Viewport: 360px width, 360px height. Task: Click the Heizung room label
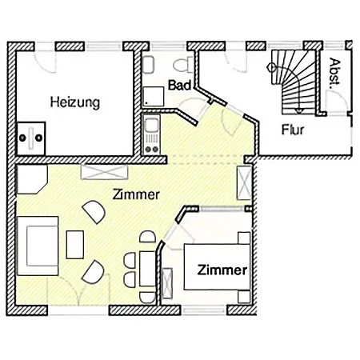point(75,103)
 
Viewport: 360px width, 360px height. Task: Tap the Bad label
point(180,86)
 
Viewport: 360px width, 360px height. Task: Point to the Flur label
point(293,130)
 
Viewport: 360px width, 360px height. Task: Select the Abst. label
point(334,71)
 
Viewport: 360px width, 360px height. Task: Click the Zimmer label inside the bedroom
point(222,270)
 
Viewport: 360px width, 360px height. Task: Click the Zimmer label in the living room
point(136,194)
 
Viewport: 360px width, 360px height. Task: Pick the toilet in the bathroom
point(183,65)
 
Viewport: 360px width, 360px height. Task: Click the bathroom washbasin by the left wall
point(148,65)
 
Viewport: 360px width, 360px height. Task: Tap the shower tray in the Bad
point(154,96)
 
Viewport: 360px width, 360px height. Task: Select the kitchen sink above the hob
point(151,126)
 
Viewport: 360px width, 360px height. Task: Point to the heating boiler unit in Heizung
point(31,138)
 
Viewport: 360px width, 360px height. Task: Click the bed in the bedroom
point(217,266)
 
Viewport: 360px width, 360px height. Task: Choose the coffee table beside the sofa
point(75,245)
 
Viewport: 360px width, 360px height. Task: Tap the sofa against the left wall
point(38,246)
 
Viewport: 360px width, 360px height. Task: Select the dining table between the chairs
point(147,268)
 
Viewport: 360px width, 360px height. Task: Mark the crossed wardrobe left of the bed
point(167,283)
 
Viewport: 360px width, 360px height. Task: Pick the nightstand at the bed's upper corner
point(244,238)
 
